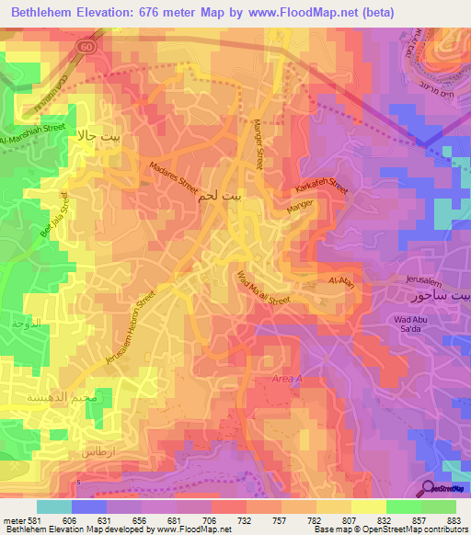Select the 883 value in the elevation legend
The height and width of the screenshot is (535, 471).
click(453, 519)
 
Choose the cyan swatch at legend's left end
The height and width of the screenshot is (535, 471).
click(53, 507)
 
